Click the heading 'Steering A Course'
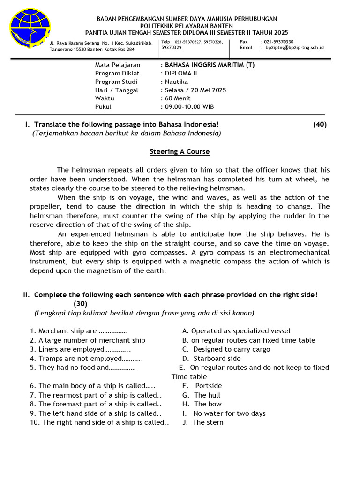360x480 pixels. click(x=180, y=152)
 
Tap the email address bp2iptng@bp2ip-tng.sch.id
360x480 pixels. click(x=294, y=48)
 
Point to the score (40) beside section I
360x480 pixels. click(x=320, y=124)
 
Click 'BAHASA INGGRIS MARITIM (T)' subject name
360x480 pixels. click(x=207, y=65)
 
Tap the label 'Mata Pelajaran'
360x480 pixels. click(x=118, y=65)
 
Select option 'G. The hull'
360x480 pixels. click(x=202, y=395)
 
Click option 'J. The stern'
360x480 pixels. click(x=203, y=422)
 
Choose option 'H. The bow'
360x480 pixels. click(x=202, y=404)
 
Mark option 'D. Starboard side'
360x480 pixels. click(x=211, y=359)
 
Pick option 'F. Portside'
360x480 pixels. click(x=202, y=386)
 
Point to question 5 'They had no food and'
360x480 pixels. click(x=79, y=367)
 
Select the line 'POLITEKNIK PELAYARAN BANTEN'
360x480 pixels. click(x=187, y=26)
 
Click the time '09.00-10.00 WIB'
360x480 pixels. click(x=187, y=107)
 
